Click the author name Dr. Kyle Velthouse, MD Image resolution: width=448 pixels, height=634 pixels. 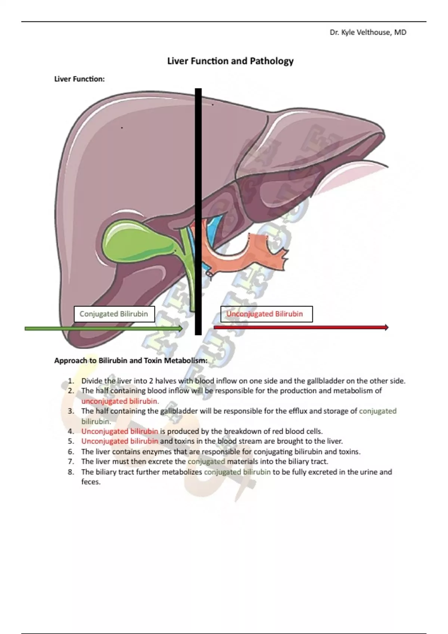click(368, 32)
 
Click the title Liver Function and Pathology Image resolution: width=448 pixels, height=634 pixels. click(230, 61)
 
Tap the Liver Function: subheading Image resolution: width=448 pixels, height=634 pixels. click(79, 79)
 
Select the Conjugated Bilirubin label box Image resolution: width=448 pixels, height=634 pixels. click(114, 314)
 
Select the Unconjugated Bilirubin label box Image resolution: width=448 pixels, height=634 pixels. click(266, 314)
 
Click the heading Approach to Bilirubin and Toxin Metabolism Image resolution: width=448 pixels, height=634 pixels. click(131, 361)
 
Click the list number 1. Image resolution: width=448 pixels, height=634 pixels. click(71, 381)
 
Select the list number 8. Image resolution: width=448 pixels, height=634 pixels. click(71, 472)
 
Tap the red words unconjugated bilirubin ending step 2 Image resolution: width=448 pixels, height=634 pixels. click(120, 401)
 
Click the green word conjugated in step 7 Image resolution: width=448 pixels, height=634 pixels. click(206, 462)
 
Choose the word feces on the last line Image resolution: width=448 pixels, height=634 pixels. click(91, 482)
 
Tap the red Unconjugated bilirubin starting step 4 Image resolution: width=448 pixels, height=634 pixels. click(120, 431)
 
